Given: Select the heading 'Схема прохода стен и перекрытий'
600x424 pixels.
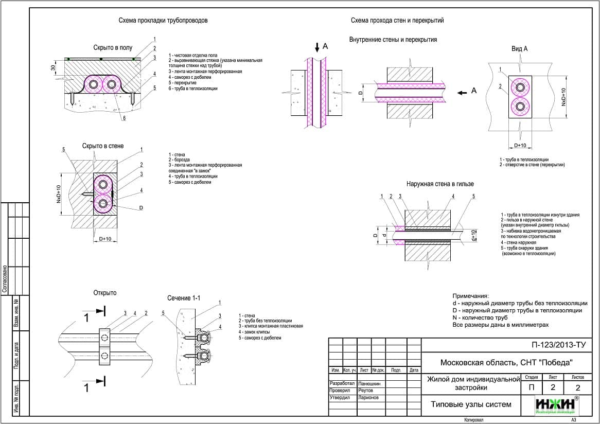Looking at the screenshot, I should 397,21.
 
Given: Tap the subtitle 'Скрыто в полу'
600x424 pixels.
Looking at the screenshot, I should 113,48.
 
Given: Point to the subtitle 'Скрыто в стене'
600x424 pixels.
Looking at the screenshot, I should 103,146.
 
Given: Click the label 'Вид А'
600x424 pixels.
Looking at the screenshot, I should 520,48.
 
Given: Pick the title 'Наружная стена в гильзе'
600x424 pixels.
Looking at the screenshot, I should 440,184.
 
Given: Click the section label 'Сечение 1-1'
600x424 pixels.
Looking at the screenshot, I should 184,298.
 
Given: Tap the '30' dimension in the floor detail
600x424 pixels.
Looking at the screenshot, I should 53,68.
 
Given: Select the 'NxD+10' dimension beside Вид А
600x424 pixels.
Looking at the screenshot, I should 564,97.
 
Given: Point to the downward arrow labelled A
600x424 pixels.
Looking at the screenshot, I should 317,47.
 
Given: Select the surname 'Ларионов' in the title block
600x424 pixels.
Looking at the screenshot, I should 368,398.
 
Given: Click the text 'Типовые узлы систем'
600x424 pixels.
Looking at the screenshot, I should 471,404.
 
